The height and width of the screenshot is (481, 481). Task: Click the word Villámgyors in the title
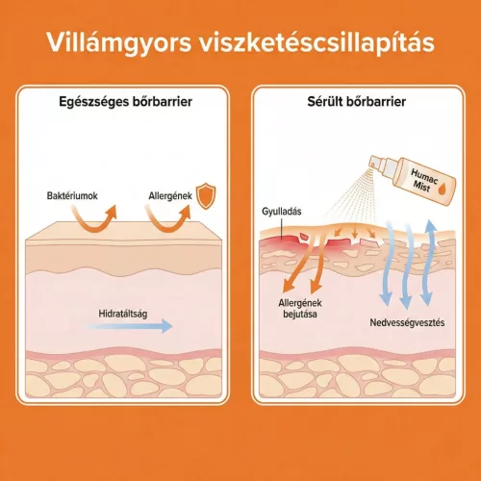(119, 43)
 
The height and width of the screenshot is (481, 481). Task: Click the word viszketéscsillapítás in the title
(316, 42)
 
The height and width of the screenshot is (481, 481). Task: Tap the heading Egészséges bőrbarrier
(125, 102)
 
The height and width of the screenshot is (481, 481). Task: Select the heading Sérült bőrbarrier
(357, 101)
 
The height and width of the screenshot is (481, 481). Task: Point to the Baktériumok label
(72, 195)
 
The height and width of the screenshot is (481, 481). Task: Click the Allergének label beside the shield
(170, 195)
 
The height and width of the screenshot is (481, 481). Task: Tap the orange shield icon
(206, 195)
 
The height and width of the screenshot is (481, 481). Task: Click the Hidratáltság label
(123, 314)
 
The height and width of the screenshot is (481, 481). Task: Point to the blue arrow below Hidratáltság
(128, 326)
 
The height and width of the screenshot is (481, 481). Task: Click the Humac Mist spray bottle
(414, 179)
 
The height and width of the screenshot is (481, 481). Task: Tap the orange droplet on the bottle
(443, 189)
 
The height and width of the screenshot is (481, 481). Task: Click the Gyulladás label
(282, 212)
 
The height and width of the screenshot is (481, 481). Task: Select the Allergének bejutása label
(300, 308)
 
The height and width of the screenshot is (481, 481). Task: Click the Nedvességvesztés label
(407, 322)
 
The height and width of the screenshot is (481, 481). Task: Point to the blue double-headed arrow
(427, 263)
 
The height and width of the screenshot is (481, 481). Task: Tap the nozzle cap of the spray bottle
(379, 163)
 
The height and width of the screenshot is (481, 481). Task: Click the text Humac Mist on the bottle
(423, 181)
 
